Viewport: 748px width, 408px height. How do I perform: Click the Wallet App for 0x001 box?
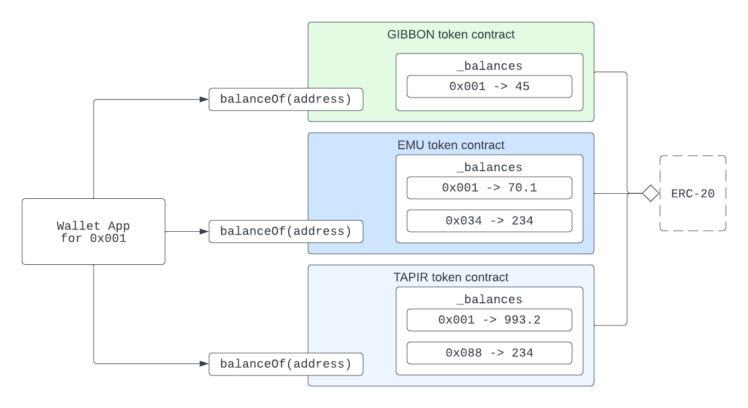click(94, 231)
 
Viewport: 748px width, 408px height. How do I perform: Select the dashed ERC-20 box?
click(693, 193)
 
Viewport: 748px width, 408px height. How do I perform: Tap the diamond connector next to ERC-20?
click(651, 193)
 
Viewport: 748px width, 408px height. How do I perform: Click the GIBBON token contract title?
click(450, 35)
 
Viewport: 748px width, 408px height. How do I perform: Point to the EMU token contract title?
click(450, 145)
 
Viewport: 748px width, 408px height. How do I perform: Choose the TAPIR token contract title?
click(450, 278)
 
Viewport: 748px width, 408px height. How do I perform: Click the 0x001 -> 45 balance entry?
click(489, 86)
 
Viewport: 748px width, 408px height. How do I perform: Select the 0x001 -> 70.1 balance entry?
click(489, 188)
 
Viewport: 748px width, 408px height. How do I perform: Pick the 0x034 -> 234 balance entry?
click(489, 221)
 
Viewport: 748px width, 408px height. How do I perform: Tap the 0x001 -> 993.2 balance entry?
click(489, 320)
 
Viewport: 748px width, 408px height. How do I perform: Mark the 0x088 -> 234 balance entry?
click(489, 353)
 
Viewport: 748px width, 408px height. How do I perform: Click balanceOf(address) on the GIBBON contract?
click(285, 99)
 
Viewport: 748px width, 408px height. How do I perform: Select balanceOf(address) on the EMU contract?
click(285, 231)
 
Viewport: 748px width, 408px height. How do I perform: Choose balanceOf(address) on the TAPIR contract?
click(285, 363)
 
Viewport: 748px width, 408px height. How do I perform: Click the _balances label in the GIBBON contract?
click(489, 66)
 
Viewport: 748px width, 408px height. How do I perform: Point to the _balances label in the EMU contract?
click(489, 167)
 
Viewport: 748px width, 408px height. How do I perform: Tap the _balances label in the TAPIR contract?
click(489, 300)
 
